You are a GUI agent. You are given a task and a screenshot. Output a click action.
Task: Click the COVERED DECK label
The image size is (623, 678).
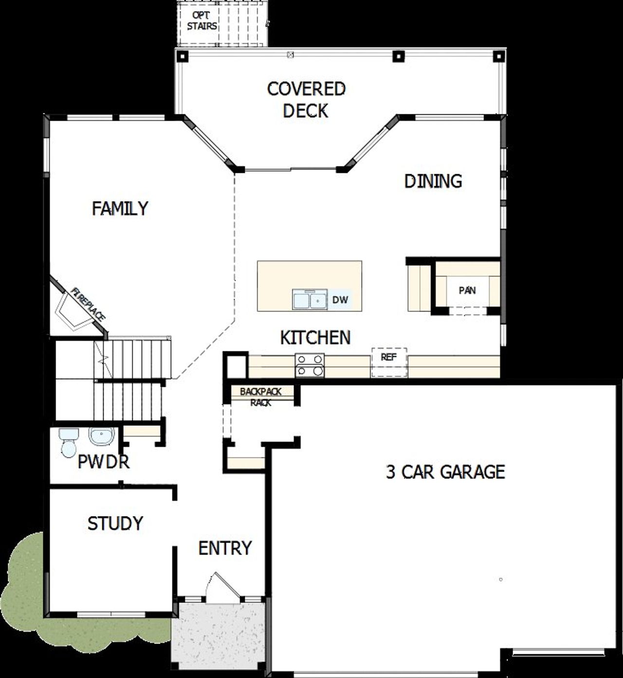[x=306, y=100]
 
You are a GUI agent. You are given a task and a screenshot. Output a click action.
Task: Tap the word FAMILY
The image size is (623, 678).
[x=120, y=208]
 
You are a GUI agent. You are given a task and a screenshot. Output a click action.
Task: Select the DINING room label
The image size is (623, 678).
[x=433, y=181]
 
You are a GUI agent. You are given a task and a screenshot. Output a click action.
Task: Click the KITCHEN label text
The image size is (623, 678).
[x=315, y=337]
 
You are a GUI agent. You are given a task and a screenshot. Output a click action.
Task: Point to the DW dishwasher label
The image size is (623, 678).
[x=340, y=300]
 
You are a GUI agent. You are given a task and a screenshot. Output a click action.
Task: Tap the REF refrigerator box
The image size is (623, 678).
[x=389, y=361]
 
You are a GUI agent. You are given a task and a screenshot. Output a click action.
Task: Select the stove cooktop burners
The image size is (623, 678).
[x=310, y=365]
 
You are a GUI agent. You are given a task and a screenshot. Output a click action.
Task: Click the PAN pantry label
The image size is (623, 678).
[x=467, y=291]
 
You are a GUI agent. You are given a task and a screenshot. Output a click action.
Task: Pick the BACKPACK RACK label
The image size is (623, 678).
[x=261, y=397]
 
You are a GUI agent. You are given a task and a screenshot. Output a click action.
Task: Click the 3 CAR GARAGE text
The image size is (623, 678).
[x=445, y=472]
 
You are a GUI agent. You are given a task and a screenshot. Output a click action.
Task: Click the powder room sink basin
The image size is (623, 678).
[x=102, y=436]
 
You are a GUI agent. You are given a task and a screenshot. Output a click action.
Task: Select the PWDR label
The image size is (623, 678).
[x=104, y=462]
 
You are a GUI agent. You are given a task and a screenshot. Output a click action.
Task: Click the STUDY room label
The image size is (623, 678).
[x=115, y=524]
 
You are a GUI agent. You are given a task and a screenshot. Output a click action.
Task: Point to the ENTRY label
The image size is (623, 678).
[x=225, y=548]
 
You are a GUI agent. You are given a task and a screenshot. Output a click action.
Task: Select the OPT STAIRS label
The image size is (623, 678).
[x=202, y=20]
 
